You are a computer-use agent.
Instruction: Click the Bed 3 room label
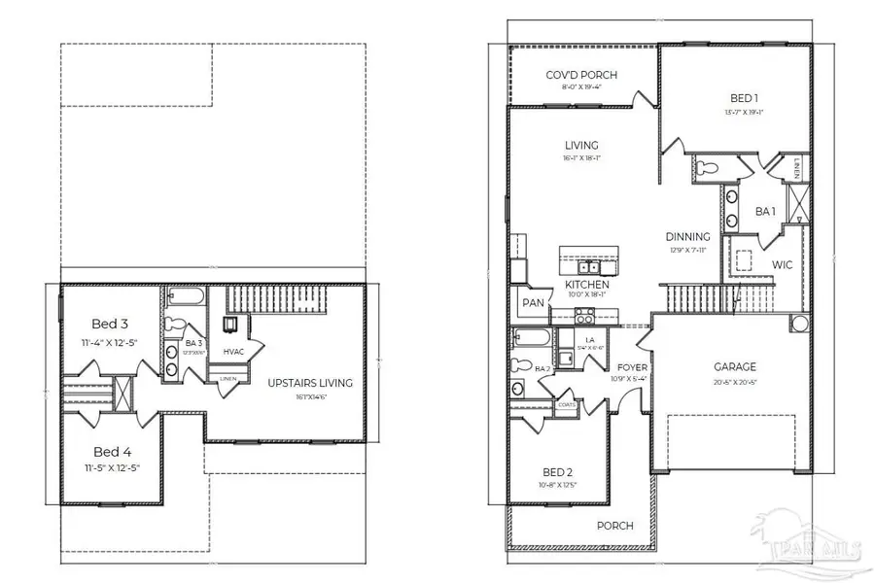109,324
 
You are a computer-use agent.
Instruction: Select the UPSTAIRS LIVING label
310,382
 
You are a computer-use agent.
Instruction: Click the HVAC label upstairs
232,351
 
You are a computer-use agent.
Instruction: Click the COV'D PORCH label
581,75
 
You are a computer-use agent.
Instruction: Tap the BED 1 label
746,98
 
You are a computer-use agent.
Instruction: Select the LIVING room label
581,146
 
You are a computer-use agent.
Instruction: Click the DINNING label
687,236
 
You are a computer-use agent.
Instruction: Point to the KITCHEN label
587,284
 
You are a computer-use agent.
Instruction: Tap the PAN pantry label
532,303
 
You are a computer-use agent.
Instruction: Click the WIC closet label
784,263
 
